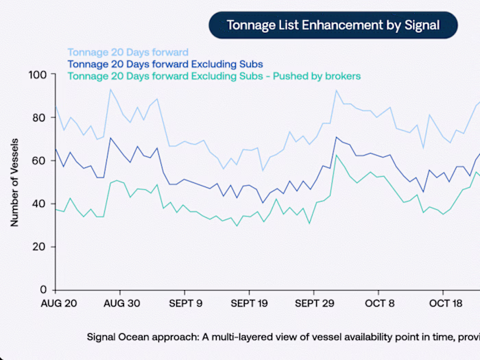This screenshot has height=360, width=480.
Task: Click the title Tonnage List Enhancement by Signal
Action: coord(333,25)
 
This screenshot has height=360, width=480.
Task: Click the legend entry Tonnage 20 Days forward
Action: coord(128,52)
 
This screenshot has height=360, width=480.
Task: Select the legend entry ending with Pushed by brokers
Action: coord(214,76)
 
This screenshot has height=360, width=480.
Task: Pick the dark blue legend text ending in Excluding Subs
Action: coord(165,64)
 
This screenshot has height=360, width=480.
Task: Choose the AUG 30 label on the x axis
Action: coord(122,303)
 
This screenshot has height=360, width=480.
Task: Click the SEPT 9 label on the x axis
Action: coord(185,303)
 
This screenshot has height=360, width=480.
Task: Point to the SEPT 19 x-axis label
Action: coord(249,303)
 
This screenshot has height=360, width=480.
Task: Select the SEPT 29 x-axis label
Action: coord(314,303)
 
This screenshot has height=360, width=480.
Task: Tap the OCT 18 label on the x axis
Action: coord(444,303)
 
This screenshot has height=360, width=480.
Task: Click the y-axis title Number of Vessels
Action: coord(14,182)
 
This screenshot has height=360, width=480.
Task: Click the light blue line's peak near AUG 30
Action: coord(110,89)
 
